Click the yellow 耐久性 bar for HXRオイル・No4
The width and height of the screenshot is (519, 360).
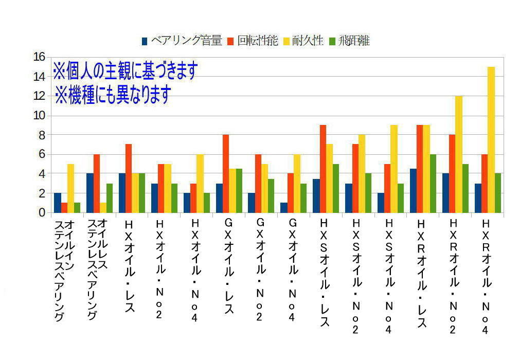(x=491, y=139)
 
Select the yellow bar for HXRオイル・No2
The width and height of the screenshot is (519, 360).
(x=458, y=154)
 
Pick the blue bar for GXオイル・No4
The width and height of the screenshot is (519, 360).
(x=284, y=208)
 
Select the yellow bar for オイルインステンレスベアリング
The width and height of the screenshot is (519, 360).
(x=70, y=188)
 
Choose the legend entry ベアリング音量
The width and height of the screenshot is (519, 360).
(x=182, y=41)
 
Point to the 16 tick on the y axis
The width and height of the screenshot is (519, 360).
(x=39, y=57)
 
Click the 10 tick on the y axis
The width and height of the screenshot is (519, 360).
(x=39, y=115)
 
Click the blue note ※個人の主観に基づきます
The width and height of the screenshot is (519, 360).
(x=125, y=71)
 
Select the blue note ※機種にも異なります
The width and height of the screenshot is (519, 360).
(x=113, y=95)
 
